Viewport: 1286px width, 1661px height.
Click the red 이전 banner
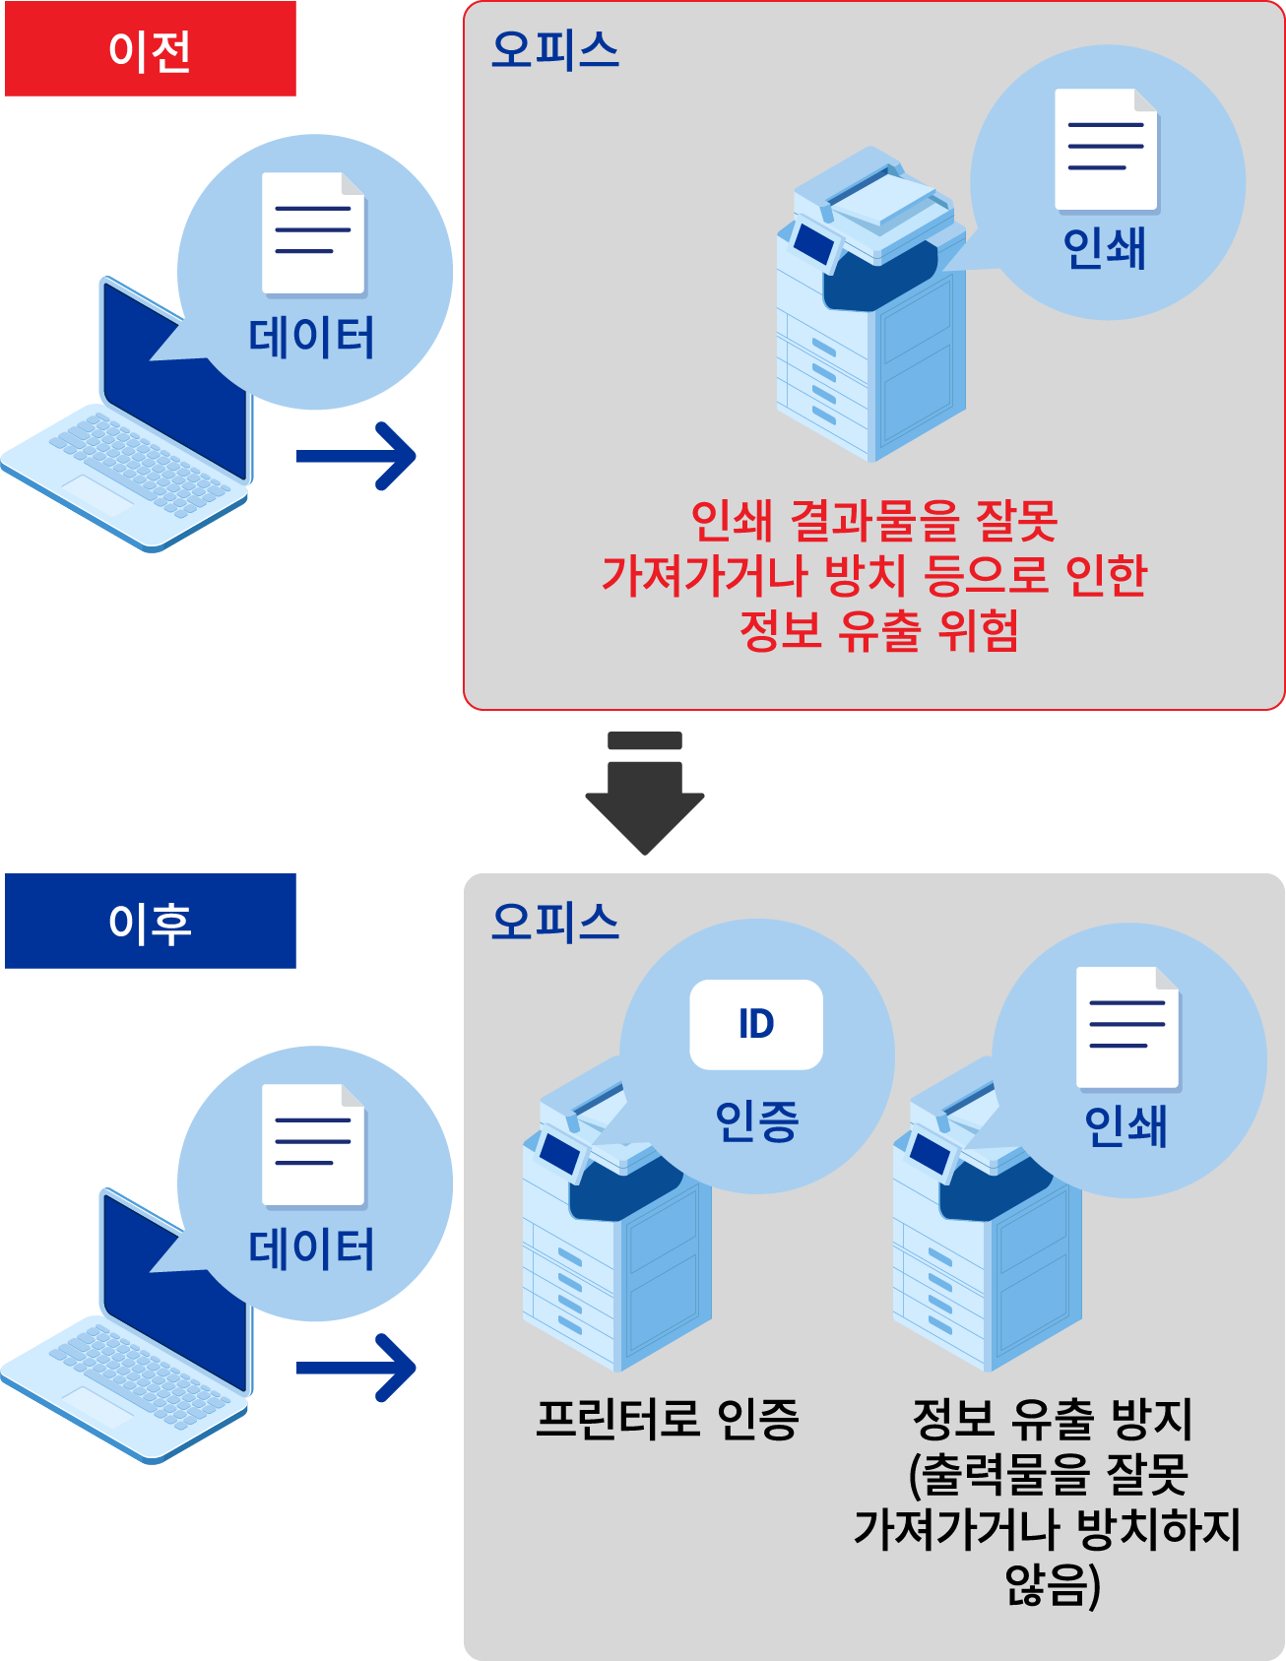click(x=150, y=50)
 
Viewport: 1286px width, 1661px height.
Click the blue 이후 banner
click(x=150, y=922)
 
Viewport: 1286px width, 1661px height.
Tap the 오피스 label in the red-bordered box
click(x=555, y=49)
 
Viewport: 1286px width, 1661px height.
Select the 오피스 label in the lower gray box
click(x=555, y=921)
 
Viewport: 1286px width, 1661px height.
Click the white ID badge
click(x=756, y=1024)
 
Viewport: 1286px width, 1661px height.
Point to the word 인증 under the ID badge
click(x=756, y=1120)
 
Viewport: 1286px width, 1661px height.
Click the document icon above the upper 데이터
click(x=313, y=233)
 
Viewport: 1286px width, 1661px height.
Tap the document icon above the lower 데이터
click(x=313, y=1145)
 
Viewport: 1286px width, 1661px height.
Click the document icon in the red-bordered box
click(x=1106, y=150)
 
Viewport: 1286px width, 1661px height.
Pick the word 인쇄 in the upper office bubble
click(x=1105, y=247)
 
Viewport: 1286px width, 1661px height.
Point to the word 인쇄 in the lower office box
click(x=1125, y=1125)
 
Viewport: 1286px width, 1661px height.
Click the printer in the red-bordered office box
click(x=870, y=315)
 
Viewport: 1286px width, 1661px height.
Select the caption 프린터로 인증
click(x=667, y=1419)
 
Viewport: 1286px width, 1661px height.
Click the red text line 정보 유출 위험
click(x=878, y=630)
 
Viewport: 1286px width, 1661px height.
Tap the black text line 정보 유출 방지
click(x=1052, y=1419)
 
